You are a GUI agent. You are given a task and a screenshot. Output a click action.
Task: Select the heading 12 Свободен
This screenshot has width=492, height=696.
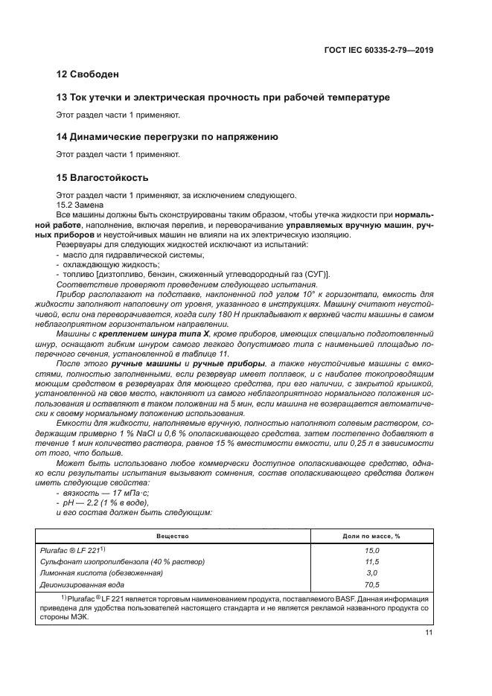pos(88,74)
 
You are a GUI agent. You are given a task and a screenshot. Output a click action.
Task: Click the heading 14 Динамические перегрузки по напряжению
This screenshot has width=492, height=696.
pos(167,137)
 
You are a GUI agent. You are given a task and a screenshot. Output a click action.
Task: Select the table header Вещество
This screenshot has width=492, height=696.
pos(173,536)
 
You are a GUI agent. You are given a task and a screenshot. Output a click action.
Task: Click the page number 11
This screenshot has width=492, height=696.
pos(429,632)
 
